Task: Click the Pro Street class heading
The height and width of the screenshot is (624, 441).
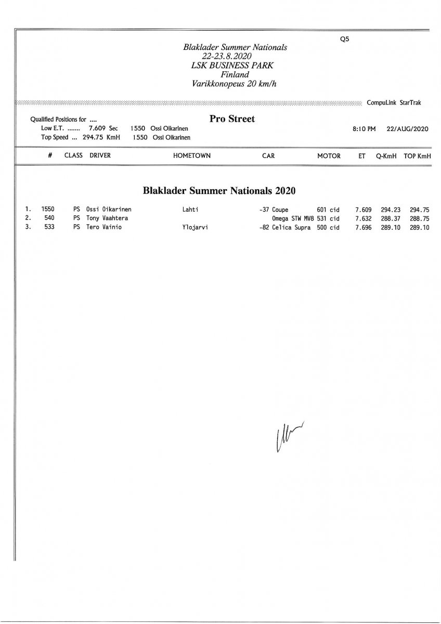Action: click(x=232, y=119)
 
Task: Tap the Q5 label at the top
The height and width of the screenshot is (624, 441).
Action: click(x=343, y=40)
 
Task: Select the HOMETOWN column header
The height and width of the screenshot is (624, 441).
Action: click(x=192, y=155)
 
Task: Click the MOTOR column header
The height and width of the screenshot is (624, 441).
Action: click(x=329, y=155)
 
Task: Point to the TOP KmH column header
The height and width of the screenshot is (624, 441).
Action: click(x=417, y=155)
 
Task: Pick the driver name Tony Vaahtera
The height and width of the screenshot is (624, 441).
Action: click(x=107, y=218)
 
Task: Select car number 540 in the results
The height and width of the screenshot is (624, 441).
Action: click(x=49, y=218)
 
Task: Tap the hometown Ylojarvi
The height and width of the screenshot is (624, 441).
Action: click(x=196, y=227)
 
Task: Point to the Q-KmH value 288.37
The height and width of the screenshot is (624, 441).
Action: click(x=391, y=218)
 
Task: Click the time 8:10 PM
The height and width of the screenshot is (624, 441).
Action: click(x=364, y=129)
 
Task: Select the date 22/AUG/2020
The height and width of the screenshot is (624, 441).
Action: click(x=407, y=129)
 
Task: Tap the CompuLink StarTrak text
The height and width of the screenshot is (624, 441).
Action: click(x=394, y=103)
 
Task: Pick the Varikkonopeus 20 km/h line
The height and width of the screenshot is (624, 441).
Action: click(x=234, y=83)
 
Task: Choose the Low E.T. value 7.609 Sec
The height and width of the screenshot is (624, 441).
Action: click(x=103, y=128)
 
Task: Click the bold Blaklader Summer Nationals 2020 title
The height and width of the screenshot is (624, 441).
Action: click(x=219, y=191)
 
